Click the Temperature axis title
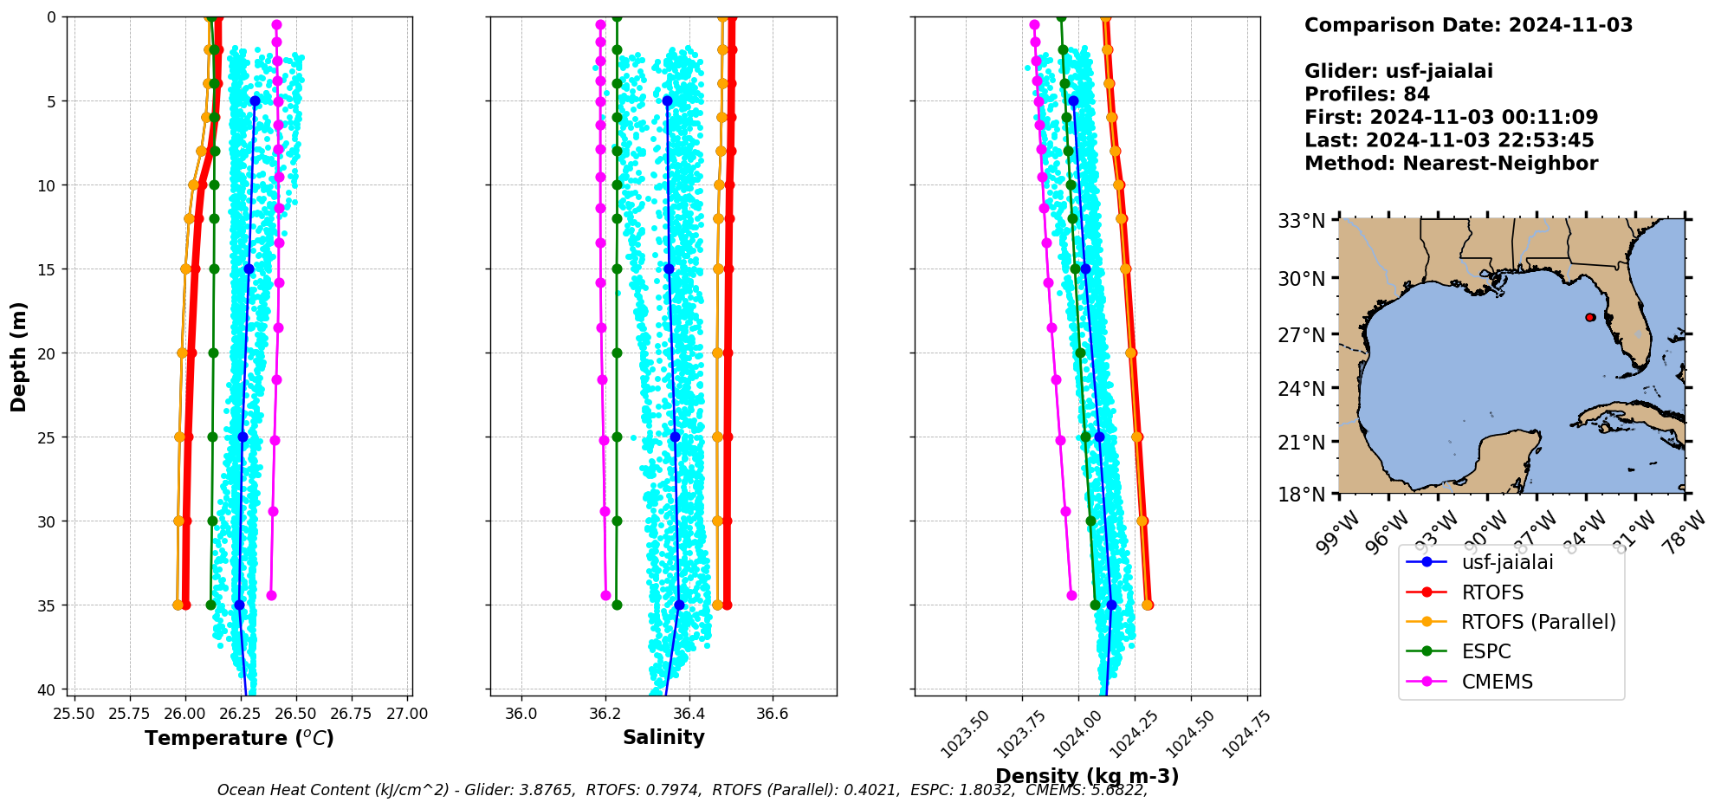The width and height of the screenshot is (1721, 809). pos(239,738)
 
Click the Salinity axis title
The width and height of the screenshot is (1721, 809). pos(663,737)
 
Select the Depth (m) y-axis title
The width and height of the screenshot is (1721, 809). pos(18,357)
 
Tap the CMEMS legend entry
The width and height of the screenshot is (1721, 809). pos(1497,682)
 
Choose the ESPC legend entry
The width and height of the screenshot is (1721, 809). pos(1485,651)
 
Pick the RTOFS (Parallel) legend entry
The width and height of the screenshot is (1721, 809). pos(1537,622)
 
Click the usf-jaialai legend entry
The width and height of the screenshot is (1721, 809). pos(1507,562)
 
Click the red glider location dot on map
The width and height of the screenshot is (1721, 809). pos(1590,318)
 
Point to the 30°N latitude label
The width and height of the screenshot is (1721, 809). pos(1304,279)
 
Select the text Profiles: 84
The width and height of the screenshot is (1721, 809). pos(1367,94)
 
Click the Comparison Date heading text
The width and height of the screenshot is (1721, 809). pos(1468,25)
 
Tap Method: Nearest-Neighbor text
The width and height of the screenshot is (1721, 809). pos(1451,164)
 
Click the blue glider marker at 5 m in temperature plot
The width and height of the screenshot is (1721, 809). pos(255,101)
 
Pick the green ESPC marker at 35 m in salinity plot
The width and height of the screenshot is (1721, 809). pos(617,605)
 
